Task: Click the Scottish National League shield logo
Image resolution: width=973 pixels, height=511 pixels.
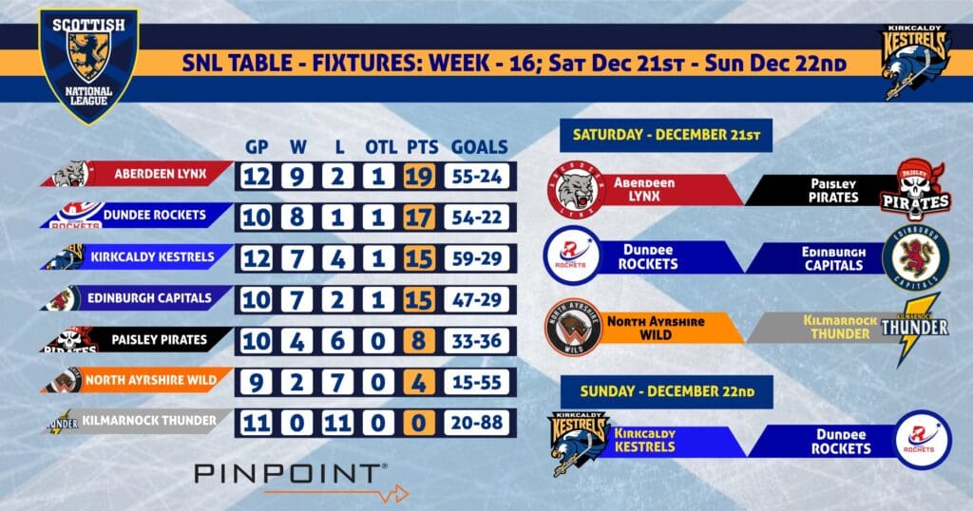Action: click(88, 65)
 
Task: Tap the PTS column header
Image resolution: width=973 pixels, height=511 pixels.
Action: click(423, 147)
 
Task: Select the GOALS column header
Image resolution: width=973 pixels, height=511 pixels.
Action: click(479, 147)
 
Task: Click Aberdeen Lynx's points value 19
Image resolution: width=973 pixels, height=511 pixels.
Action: click(419, 176)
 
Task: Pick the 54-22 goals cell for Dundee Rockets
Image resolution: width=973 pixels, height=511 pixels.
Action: click(477, 218)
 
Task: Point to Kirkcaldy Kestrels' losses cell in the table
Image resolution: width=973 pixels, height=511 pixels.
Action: click(337, 258)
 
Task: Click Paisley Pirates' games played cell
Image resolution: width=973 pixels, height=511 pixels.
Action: click(257, 340)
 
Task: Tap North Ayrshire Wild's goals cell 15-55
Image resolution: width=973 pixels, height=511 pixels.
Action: click(477, 382)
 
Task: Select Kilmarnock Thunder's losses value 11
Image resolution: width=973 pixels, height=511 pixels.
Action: click(337, 423)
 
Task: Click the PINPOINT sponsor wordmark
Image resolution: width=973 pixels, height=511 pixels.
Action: click(291, 474)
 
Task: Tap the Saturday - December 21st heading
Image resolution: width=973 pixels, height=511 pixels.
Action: click(666, 135)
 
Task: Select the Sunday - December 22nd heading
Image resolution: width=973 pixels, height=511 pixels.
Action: click(667, 392)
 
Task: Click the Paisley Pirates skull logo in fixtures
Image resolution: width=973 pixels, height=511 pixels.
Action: click(916, 190)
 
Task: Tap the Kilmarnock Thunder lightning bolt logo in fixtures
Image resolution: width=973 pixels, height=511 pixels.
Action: click(916, 330)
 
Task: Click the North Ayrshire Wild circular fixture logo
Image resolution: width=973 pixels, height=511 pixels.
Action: click(574, 328)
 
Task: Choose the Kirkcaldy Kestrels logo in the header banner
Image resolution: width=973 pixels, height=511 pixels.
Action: click(916, 62)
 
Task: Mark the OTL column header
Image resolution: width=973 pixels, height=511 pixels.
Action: click(381, 147)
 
